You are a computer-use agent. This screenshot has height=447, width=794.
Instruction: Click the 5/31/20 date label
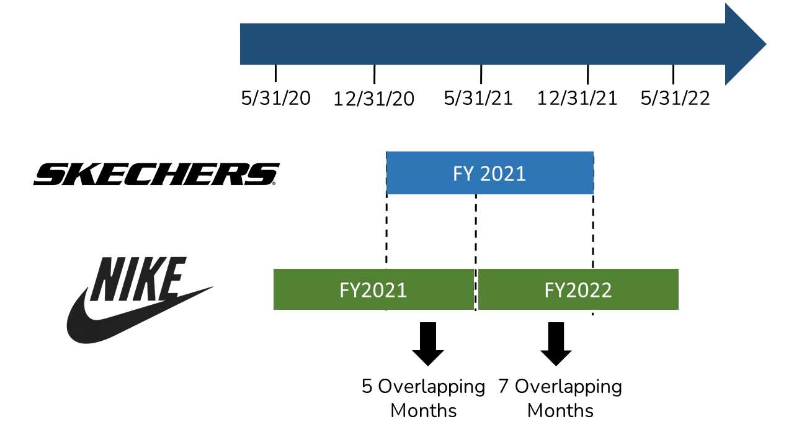coord(276,98)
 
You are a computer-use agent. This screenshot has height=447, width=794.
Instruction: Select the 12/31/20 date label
coord(374,99)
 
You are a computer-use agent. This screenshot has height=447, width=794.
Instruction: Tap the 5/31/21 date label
coord(478,98)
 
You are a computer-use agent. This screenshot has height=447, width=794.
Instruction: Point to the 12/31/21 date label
coord(578,98)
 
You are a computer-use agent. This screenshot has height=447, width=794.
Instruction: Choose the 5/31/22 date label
coord(676,98)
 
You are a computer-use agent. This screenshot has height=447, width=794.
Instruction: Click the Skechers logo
coord(156,174)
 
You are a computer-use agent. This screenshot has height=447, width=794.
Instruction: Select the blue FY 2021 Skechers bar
coord(489,173)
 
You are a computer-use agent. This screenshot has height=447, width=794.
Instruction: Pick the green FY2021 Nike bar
coord(373,289)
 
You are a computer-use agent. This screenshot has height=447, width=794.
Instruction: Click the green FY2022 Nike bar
coord(578,289)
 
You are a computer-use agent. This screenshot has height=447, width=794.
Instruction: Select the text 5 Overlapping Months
coord(424,398)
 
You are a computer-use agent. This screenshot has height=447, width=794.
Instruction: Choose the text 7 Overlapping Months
coord(560,398)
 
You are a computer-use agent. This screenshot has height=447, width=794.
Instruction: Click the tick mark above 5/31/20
coord(276,73)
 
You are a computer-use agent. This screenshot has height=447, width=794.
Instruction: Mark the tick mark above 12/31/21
coord(587,74)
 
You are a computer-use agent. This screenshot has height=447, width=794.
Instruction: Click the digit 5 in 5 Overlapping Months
coord(368,387)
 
